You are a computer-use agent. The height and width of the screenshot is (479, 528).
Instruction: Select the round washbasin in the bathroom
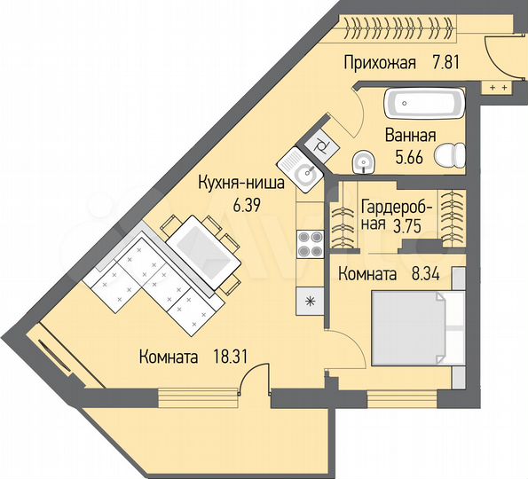coord(363,162)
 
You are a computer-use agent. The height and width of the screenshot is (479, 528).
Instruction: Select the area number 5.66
coord(409,157)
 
